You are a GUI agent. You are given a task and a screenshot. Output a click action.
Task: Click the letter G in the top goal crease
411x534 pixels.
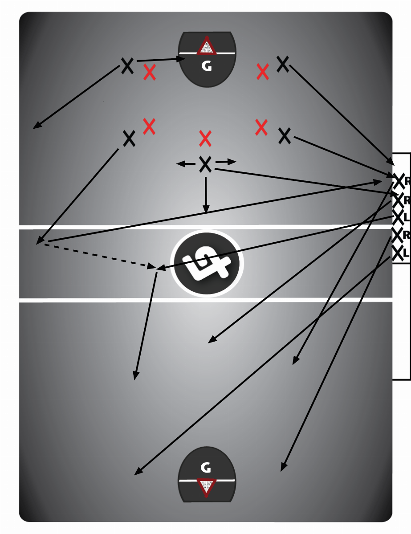tap(207, 66)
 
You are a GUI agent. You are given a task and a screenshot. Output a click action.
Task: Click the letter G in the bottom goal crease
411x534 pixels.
tap(206, 468)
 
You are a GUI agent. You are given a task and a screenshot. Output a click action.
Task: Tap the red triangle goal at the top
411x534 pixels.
tap(206, 45)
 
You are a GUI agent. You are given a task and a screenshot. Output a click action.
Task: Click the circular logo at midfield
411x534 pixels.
tap(207, 263)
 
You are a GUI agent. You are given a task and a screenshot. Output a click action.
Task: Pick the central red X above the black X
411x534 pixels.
tap(205, 138)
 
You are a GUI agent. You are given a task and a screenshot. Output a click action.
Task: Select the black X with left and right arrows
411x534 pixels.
tap(205, 164)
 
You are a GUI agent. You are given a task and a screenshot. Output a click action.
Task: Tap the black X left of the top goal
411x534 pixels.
tap(127, 66)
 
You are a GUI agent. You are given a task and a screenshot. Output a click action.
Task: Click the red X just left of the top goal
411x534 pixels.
tap(150, 72)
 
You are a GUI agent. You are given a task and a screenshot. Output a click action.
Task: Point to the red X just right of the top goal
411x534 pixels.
tap(263, 72)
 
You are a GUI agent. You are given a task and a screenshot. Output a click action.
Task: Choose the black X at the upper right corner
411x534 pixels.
tap(283, 64)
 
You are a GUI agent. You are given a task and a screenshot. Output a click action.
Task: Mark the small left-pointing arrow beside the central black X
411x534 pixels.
tap(186, 164)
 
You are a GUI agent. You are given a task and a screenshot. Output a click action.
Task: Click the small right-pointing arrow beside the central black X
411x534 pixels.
tap(226, 162)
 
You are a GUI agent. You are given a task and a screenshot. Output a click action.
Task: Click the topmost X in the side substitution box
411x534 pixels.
tap(399, 181)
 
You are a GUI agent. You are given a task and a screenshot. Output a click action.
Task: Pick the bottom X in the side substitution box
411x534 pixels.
tap(398, 253)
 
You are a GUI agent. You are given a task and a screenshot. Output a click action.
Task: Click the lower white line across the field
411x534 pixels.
tap(206, 300)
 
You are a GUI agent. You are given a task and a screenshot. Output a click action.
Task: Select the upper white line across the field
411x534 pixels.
tap(206, 227)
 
